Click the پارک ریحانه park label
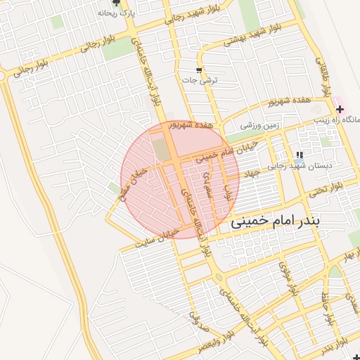click(x=117, y=13)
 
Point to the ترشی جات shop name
click(x=200, y=80)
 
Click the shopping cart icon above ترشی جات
click(x=200, y=70)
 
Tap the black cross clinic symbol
click(x=340, y=109)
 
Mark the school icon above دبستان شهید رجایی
click(x=300, y=155)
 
